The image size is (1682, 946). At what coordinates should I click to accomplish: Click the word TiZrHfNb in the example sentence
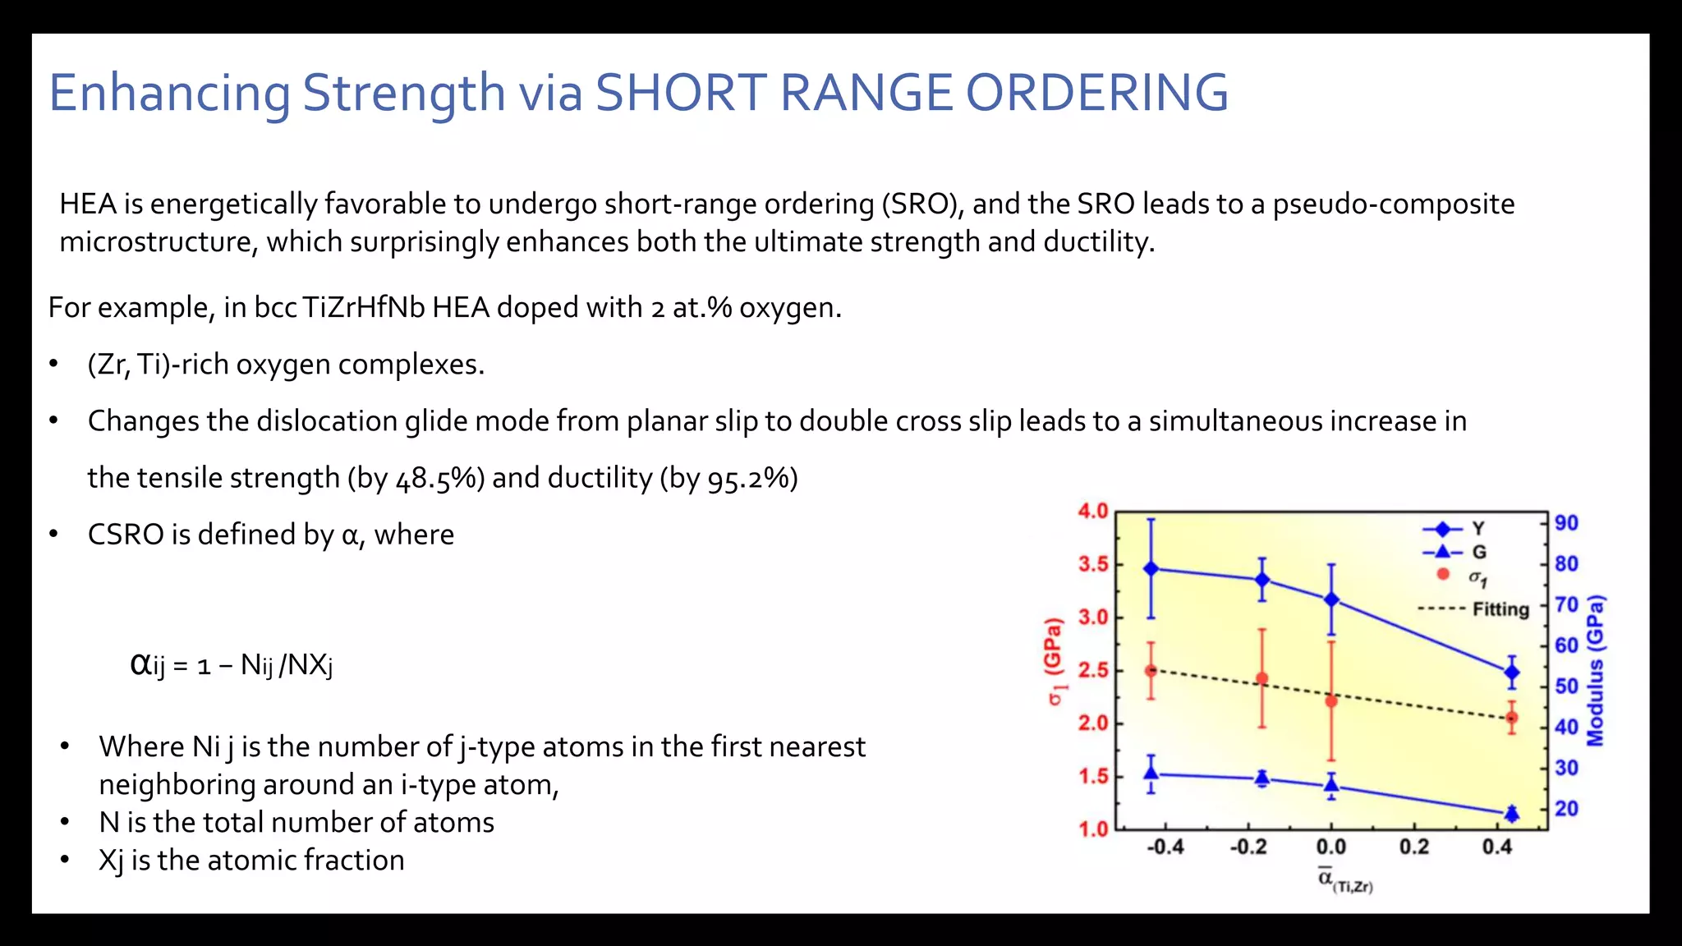click(363, 307)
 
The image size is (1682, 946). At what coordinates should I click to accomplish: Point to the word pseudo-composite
click(1393, 204)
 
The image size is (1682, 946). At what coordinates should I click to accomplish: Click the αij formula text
click(232, 664)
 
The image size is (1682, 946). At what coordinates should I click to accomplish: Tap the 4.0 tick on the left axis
click(1092, 512)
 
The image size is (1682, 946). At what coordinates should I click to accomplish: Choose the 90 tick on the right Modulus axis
click(1566, 523)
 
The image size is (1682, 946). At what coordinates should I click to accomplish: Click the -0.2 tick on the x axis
click(1248, 847)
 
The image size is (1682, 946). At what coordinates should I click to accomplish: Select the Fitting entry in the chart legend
click(1500, 609)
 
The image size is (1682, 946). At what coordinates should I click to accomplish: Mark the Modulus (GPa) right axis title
click(1595, 671)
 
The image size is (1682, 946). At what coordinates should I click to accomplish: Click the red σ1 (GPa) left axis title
click(1055, 662)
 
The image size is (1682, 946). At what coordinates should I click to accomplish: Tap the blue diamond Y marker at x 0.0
click(1331, 600)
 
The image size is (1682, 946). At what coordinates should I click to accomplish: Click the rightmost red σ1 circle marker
click(1511, 719)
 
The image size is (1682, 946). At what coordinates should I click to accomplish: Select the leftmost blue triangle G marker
click(1151, 774)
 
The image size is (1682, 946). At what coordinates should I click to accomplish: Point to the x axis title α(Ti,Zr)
click(1344, 880)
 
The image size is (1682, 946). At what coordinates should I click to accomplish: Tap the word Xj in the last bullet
click(111, 861)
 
